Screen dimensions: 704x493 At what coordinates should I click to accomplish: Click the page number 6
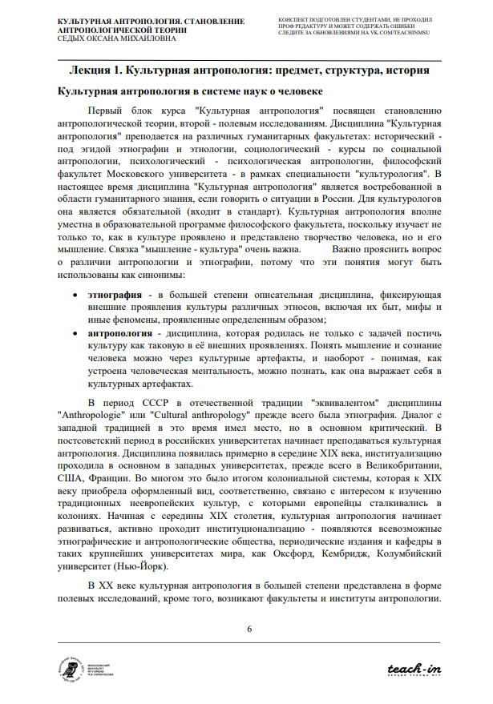(249, 628)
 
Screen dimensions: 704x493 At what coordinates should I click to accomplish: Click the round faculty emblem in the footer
(71, 668)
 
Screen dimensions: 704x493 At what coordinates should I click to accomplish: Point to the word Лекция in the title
(92, 70)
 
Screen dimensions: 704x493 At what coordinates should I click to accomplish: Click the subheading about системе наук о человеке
(189, 91)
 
